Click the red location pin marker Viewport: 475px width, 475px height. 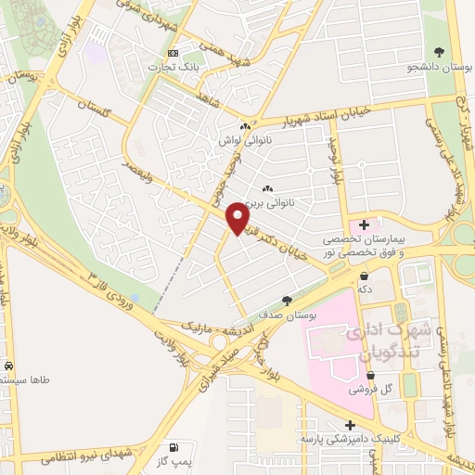coord(239,217)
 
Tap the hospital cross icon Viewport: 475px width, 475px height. coord(365,224)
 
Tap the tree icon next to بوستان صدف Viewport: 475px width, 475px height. coord(287,301)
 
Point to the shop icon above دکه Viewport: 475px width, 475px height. coord(366,276)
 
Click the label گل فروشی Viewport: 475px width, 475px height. coord(369,390)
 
